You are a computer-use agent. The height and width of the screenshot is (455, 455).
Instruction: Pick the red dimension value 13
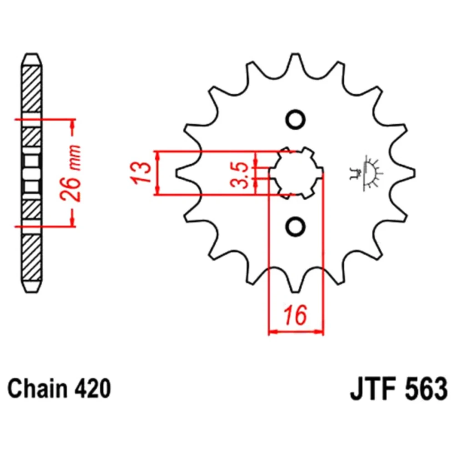point(141,172)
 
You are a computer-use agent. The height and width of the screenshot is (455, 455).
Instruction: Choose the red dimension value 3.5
point(240,175)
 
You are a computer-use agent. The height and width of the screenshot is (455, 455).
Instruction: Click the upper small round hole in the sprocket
point(295,119)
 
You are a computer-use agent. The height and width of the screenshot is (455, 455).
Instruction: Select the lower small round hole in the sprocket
point(295,226)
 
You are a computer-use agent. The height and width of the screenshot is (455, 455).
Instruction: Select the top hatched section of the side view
point(32,89)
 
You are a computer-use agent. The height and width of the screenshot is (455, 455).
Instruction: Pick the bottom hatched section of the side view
point(32,258)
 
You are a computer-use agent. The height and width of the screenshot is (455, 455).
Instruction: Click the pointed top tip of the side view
point(32,54)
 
